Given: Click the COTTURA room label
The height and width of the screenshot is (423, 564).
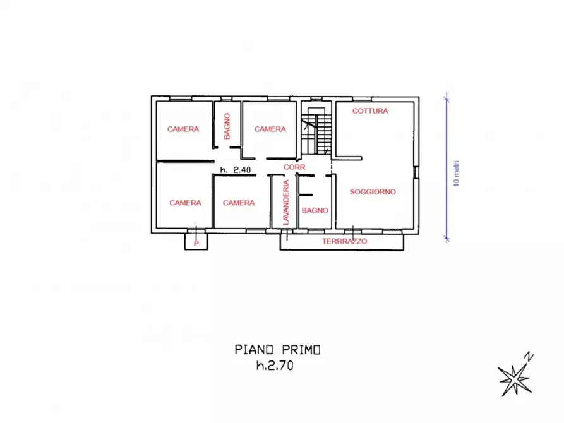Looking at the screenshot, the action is coord(370,111).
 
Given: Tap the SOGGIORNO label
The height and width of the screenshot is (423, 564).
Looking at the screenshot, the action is coord(373,192).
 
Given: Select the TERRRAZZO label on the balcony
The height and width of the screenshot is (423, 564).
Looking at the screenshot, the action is coord(345,241).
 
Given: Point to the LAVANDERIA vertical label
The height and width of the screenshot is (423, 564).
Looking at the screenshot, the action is coord(286,203).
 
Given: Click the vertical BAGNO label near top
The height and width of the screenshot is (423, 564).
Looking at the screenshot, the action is coord(227,126).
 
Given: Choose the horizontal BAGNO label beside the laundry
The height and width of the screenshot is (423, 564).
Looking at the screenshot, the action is coord(315,210).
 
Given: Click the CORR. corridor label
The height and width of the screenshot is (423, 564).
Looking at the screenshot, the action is coord(294,167).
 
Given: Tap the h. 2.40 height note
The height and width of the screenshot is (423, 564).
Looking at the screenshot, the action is coord(236,170).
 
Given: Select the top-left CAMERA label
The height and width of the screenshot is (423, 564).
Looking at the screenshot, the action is coord(183,129).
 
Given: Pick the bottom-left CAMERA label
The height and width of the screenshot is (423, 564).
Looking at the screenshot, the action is coord(185,203).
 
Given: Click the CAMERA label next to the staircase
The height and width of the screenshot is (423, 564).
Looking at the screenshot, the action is coord(270,129).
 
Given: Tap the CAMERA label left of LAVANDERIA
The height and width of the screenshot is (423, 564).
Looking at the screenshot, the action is coord(239,203).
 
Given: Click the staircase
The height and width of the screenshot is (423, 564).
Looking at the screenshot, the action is coord(316,131).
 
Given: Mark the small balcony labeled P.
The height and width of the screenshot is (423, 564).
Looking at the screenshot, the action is coord(196,241).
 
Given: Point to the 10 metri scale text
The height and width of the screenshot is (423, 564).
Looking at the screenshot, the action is coord(457,174).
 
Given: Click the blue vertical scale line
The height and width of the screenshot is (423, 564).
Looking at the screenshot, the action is coord(447,167).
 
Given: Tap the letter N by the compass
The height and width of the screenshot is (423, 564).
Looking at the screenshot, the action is coord(529,357).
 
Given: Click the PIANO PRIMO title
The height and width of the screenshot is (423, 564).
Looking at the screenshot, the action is coord(277,350).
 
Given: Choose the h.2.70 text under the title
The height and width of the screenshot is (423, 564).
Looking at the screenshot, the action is coord(275,366).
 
